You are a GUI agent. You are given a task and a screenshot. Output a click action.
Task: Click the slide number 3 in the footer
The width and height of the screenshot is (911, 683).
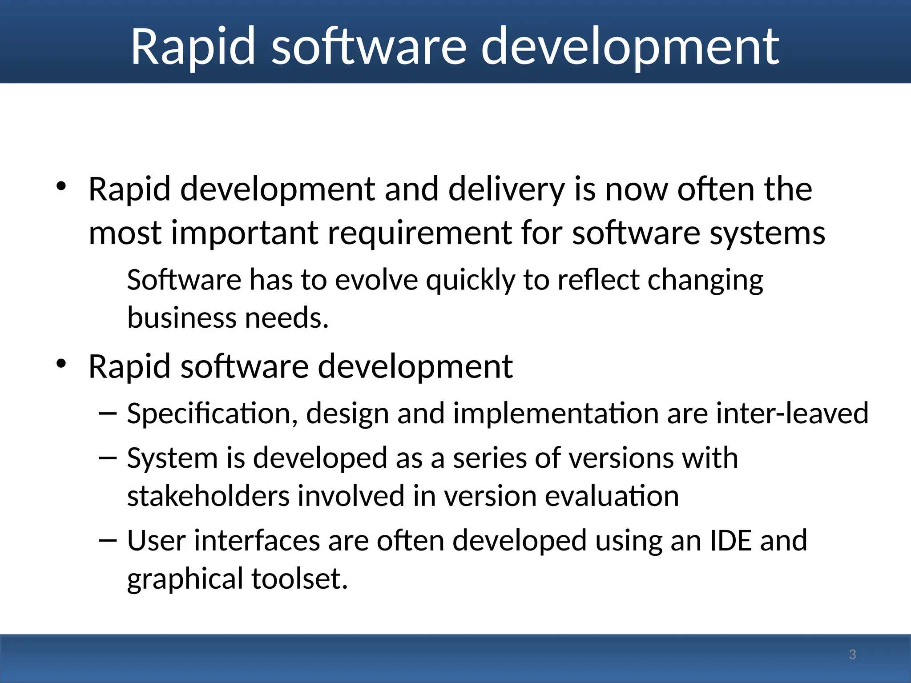point(852,655)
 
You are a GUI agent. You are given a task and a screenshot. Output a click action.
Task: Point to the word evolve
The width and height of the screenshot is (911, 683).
point(376,280)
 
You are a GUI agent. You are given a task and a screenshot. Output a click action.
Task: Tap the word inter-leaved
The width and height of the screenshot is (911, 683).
point(792,413)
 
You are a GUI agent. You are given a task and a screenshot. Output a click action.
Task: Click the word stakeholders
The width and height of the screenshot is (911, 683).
point(208,496)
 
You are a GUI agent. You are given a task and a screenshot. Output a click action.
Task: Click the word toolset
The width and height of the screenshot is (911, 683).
point(299,579)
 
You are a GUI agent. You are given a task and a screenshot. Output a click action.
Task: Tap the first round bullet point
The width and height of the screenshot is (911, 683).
point(61,186)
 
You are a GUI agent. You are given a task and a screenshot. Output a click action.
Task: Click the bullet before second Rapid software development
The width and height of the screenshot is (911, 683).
point(61,364)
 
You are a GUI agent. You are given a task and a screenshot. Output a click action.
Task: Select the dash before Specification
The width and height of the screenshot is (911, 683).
point(107,414)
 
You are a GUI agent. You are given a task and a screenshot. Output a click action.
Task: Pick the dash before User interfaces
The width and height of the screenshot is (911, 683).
point(107,541)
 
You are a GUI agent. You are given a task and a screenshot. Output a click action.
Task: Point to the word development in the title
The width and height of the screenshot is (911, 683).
point(630,47)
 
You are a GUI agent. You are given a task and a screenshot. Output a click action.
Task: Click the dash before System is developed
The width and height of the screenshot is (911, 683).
point(107,458)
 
